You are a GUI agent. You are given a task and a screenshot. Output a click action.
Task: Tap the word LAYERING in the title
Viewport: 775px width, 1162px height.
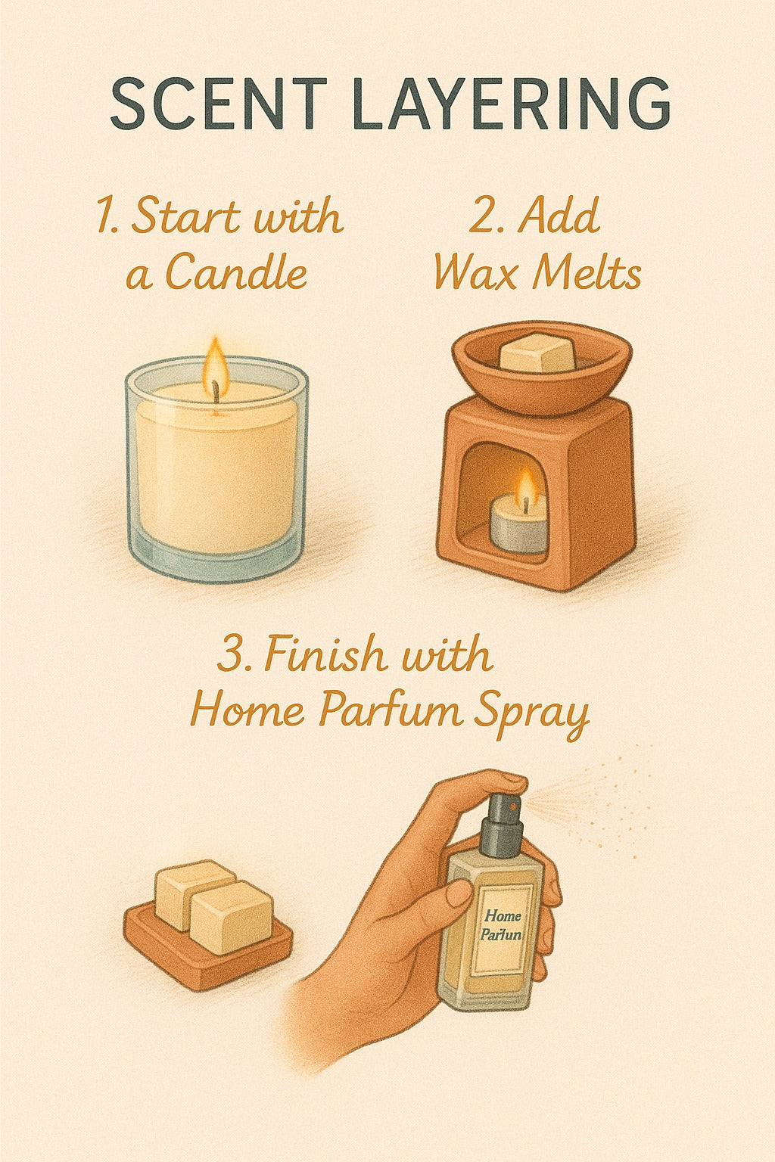pos(512,103)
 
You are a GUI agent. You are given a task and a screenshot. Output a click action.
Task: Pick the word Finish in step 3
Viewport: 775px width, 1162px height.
pos(325,654)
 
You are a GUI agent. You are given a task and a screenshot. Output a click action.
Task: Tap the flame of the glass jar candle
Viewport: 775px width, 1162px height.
pos(216,362)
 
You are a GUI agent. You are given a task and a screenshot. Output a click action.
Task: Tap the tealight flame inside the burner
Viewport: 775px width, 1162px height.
pos(527,485)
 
